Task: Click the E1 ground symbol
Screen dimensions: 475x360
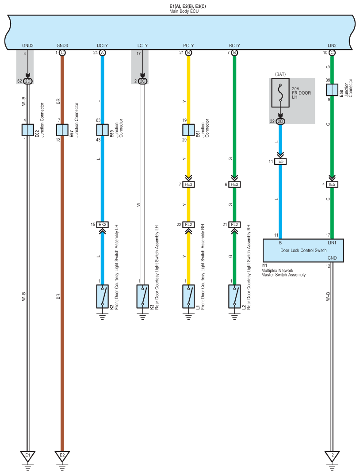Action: [x=28, y=456]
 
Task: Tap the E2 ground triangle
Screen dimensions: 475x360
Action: [x=62, y=456]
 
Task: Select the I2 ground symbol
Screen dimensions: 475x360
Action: [x=332, y=456]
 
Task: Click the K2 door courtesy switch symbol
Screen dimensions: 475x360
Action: [x=103, y=296]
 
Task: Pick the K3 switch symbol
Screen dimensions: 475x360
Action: [x=143, y=296]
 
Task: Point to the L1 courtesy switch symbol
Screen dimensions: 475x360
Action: [x=189, y=296]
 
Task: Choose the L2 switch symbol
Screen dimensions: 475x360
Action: [x=235, y=296]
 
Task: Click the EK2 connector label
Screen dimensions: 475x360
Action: [x=103, y=225]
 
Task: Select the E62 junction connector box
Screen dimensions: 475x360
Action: [x=28, y=130]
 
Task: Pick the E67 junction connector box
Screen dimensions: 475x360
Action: [x=62, y=130]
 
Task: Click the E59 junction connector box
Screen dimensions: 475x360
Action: [x=103, y=130]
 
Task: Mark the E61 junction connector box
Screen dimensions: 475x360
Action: [x=189, y=130]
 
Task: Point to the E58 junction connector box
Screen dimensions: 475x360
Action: [x=332, y=90]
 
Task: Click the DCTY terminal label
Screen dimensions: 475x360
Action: [x=103, y=46]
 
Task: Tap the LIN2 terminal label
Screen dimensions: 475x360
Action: [x=332, y=46]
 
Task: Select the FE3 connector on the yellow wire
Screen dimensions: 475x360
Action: [x=189, y=184]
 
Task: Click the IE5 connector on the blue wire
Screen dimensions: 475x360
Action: [x=280, y=162]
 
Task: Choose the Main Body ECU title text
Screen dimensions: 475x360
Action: [x=184, y=10]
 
